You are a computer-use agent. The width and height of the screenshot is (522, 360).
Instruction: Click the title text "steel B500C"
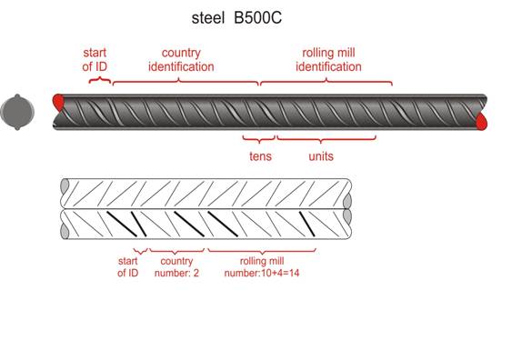click(236, 18)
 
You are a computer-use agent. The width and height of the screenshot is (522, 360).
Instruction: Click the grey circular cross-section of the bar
click(17, 112)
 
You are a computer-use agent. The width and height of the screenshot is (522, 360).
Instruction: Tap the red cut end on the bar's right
click(481, 121)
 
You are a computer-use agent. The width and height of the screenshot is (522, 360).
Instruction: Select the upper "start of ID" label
click(95, 60)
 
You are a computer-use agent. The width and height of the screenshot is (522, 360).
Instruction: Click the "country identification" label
click(181, 60)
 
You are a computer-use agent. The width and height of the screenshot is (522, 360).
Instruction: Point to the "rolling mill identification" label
click(328, 60)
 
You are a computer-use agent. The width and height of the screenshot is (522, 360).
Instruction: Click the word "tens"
click(260, 156)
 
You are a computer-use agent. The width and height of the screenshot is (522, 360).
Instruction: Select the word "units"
click(321, 156)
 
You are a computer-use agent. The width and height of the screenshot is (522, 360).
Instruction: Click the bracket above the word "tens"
click(259, 139)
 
